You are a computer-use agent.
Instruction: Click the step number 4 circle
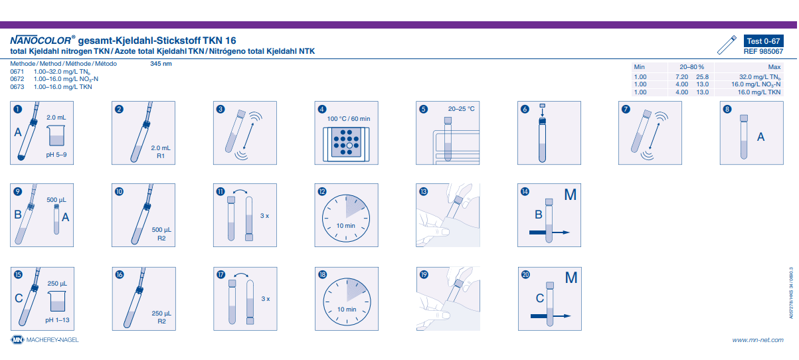(322, 109)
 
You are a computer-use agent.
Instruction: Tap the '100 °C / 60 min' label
(349, 119)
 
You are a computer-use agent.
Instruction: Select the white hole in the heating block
(349, 145)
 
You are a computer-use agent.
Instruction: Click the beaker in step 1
(56, 135)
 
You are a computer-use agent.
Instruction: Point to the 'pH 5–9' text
(56, 155)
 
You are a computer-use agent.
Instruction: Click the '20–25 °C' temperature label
(461, 109)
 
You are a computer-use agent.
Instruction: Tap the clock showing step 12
(346, 219)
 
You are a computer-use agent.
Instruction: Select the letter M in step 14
(570, 195)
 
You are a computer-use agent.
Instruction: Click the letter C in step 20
(540, 298)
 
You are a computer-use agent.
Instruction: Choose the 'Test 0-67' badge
(763, 41)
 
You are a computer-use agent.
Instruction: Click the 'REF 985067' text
(763, 51)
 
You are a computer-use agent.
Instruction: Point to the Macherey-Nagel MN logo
(17, 339)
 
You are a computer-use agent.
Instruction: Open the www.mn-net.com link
(758, 340)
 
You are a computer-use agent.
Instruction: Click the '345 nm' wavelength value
(161, 64)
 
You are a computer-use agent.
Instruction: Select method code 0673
(17, 87)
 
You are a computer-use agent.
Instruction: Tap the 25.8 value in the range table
(702, 77)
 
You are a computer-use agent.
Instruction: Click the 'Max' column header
(774, 67)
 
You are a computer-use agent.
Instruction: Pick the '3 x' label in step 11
(264, 216)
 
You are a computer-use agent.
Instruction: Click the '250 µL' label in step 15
(57, 284)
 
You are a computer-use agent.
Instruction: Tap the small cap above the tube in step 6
(542, 106)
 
